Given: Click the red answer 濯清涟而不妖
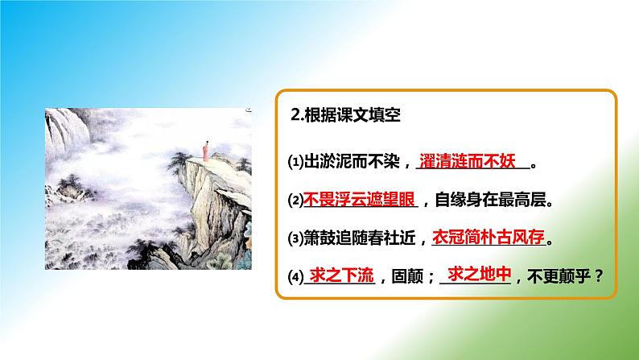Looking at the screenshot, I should (x=470, y=159).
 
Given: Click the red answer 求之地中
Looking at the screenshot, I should (x=480, y=275).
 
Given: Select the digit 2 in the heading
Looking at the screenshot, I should (x=295, y=116).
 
